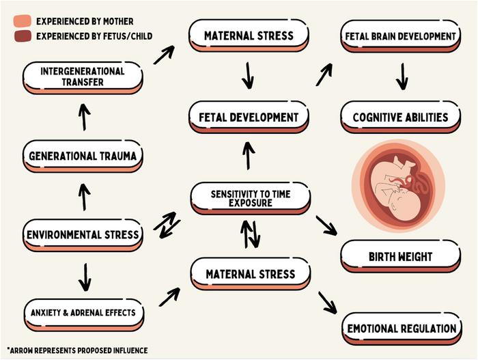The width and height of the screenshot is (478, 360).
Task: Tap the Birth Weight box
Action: click(401, 257)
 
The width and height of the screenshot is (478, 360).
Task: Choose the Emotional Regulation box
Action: click(401, 329)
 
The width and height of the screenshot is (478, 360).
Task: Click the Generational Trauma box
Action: click(83, 156)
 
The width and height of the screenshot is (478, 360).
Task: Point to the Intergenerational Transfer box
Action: click(83, 77)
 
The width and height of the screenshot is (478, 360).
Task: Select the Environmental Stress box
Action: click(83, 235)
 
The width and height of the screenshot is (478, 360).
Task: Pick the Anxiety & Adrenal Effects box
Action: click(83, 313)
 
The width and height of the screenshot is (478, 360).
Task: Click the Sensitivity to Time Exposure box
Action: click(250, 197)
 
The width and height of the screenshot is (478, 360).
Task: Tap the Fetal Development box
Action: click(249, 117)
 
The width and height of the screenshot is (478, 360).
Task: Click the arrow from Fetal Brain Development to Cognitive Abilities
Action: click(402, 77)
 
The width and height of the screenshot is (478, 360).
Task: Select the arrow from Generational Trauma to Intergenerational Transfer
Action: click(84, 117)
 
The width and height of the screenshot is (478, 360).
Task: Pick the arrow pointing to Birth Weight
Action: click(326, 225)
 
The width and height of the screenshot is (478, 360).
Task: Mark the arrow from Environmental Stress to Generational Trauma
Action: click(84, 197)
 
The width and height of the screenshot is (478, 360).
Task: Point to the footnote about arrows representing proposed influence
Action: click(77, 350)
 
